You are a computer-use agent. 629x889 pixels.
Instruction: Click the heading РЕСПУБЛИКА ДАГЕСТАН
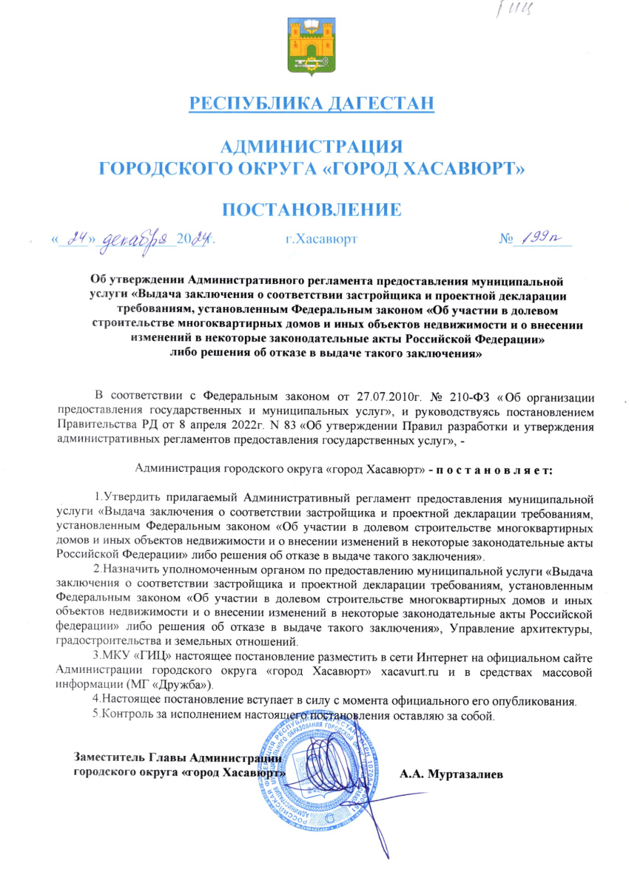pos(312,103)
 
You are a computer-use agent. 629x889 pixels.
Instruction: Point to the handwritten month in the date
pos(139,240)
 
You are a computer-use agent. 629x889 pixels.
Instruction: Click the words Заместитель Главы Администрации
pos(178,757)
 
